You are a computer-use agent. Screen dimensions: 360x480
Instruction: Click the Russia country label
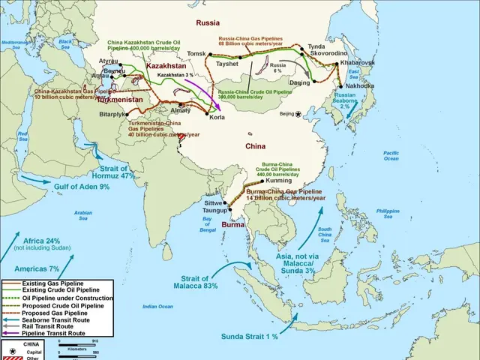[208, 23]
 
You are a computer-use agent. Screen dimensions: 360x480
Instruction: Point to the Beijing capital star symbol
[298, 114]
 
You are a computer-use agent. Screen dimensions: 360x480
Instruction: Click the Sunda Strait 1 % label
[249, 337]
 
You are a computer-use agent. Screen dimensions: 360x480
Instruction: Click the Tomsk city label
[196, 54]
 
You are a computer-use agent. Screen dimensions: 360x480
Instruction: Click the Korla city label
[217, 118]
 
